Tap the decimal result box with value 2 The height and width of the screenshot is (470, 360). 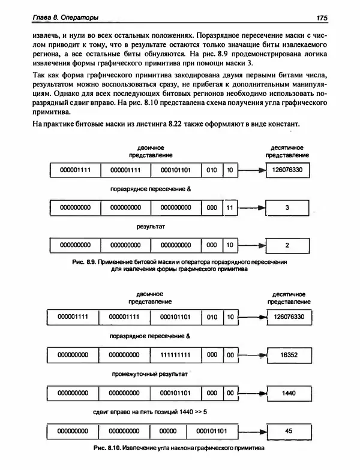tap(287, 245)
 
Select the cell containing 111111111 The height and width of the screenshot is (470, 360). tap(175, 355)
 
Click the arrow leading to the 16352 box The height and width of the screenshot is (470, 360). tap(252, 355)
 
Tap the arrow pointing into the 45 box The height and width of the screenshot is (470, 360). tap(252, 431)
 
